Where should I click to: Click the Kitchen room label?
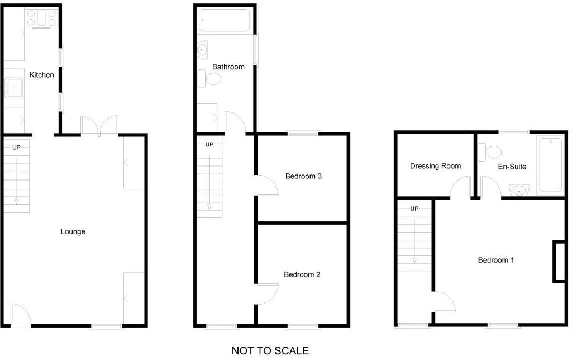(x=41, y=75)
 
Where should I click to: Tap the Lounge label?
(x=73, y=231)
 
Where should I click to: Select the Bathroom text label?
(x=228, y=67)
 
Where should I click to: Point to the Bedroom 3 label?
(x=303, y=176)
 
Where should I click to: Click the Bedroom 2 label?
(x=302, y=274)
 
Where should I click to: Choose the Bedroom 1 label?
(x=496, y=260)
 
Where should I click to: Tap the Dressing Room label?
(x=436, y=166)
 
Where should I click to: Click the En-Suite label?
(x=512, y=167)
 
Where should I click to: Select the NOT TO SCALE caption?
(x=270, y=351)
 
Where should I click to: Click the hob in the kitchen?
(x=41, y=18)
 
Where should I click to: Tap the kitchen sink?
(x=14, y=88)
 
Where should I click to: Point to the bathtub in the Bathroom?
(x=225, y=21)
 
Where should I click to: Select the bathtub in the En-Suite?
(x=550, y=165)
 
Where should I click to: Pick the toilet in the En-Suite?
(x=489, y=152)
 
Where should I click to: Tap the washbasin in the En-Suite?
(x=519, y=190)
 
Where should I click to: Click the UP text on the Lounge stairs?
(x=16, y=148)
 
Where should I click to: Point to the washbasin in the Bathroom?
(x=202, y=50)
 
